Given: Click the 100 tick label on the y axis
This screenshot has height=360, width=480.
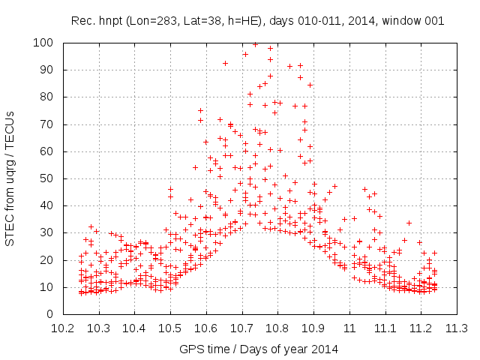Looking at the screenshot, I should click(43, 43).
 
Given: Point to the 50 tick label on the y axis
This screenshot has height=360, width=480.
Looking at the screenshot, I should click(46, 178).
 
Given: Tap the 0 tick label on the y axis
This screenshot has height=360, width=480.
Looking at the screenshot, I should click(49, 314).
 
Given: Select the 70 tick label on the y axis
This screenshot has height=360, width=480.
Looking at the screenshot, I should click(46, 124).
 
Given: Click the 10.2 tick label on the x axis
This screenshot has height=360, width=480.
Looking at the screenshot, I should click(63, 328).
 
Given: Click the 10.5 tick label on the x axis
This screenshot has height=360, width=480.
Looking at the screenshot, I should click(170, 328).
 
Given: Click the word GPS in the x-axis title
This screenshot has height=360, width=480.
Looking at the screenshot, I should click(190, 349).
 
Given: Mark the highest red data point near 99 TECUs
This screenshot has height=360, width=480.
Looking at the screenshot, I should click(255, 45).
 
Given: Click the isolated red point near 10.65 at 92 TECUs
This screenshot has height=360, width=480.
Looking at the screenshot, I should click(225, 64).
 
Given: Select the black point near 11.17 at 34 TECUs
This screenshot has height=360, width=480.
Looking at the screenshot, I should click(409, 223).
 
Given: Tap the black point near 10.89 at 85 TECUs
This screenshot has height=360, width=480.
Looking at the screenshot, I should click(310, 85).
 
